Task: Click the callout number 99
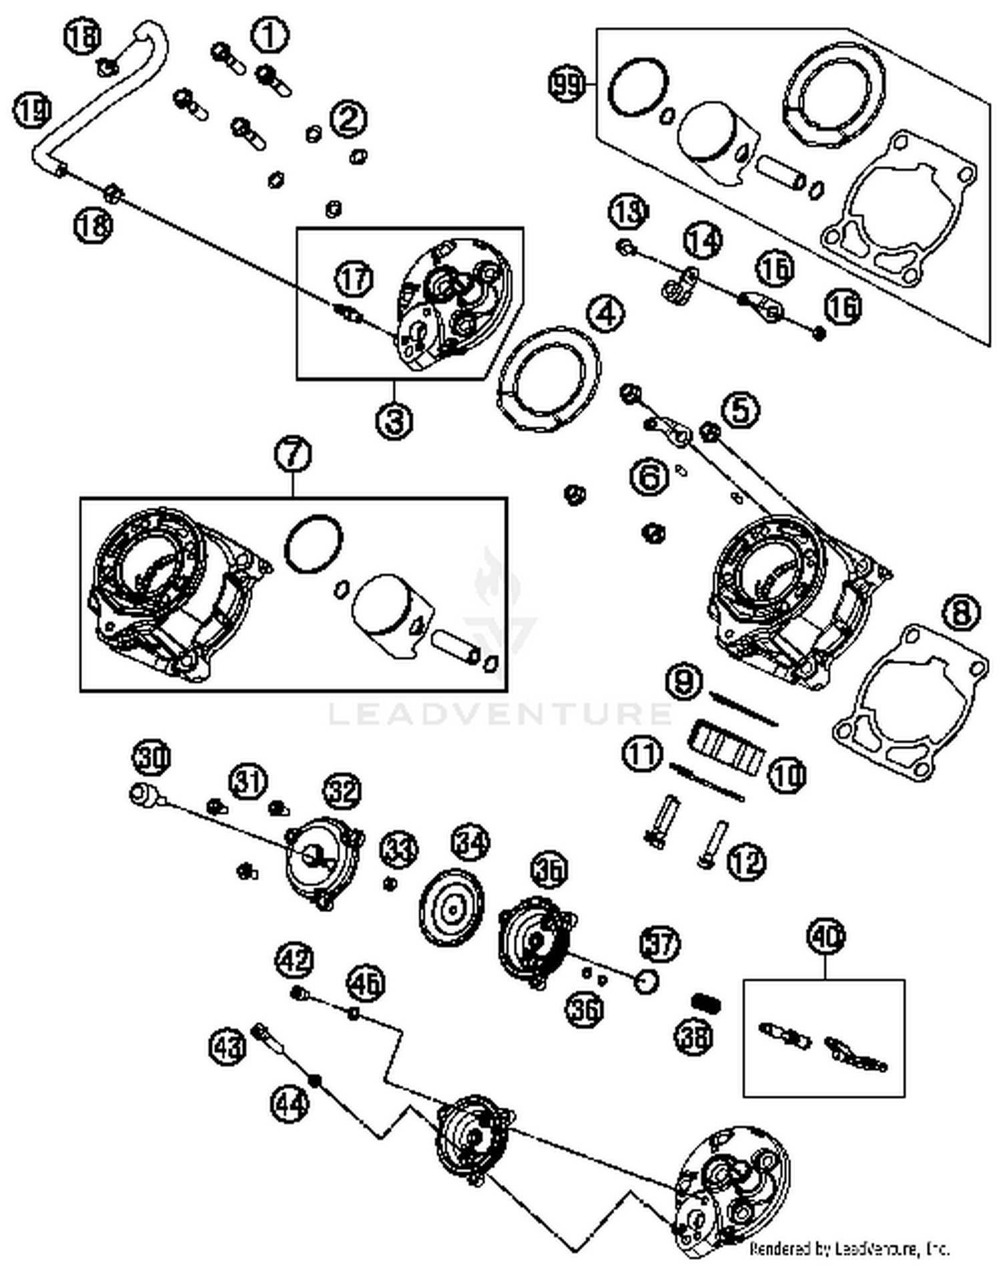566,85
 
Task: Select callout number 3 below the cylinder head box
394,421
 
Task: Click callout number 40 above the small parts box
825,937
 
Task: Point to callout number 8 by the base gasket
961,612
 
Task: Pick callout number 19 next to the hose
31,109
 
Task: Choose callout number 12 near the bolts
747,861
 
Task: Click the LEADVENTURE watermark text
500,714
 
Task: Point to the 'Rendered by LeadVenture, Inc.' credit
849,1248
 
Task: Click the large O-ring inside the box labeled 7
313,544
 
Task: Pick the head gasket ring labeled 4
549,377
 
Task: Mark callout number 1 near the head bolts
270,35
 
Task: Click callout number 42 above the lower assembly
294,960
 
